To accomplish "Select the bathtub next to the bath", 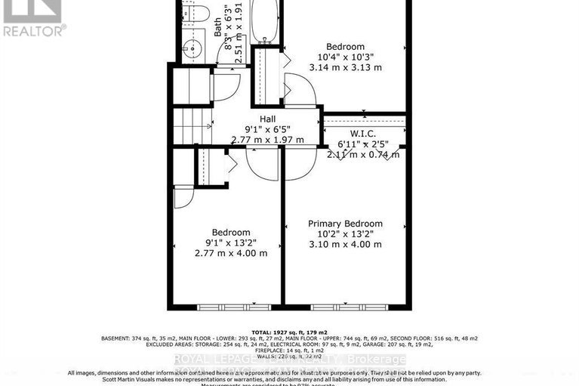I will point(265,23).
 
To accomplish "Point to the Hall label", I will point(267,119).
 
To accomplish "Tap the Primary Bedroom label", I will point(345,224).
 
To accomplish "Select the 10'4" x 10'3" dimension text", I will point(345,57).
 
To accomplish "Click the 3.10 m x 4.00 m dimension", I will point(345,244).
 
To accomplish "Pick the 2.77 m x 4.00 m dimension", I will point(230,253).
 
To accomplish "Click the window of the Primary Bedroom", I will point(346,307).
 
